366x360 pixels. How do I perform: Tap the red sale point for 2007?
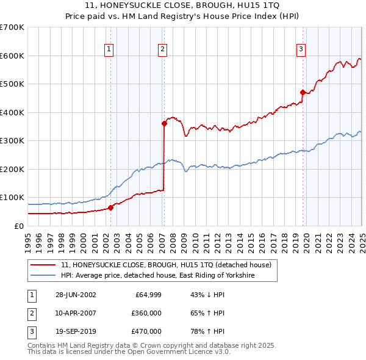point(164,123)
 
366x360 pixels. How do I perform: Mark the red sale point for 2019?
point(303,92)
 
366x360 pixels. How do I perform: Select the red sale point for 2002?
point(111,207)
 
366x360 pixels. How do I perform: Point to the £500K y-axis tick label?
point(12,84)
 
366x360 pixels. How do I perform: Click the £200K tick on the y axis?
point(12,169)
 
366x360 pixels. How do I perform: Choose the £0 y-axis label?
point(18,226)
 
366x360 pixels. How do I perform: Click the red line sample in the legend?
point(44,265)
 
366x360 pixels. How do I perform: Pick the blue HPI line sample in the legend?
point(44,276)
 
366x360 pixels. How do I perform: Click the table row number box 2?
point(30,313)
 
